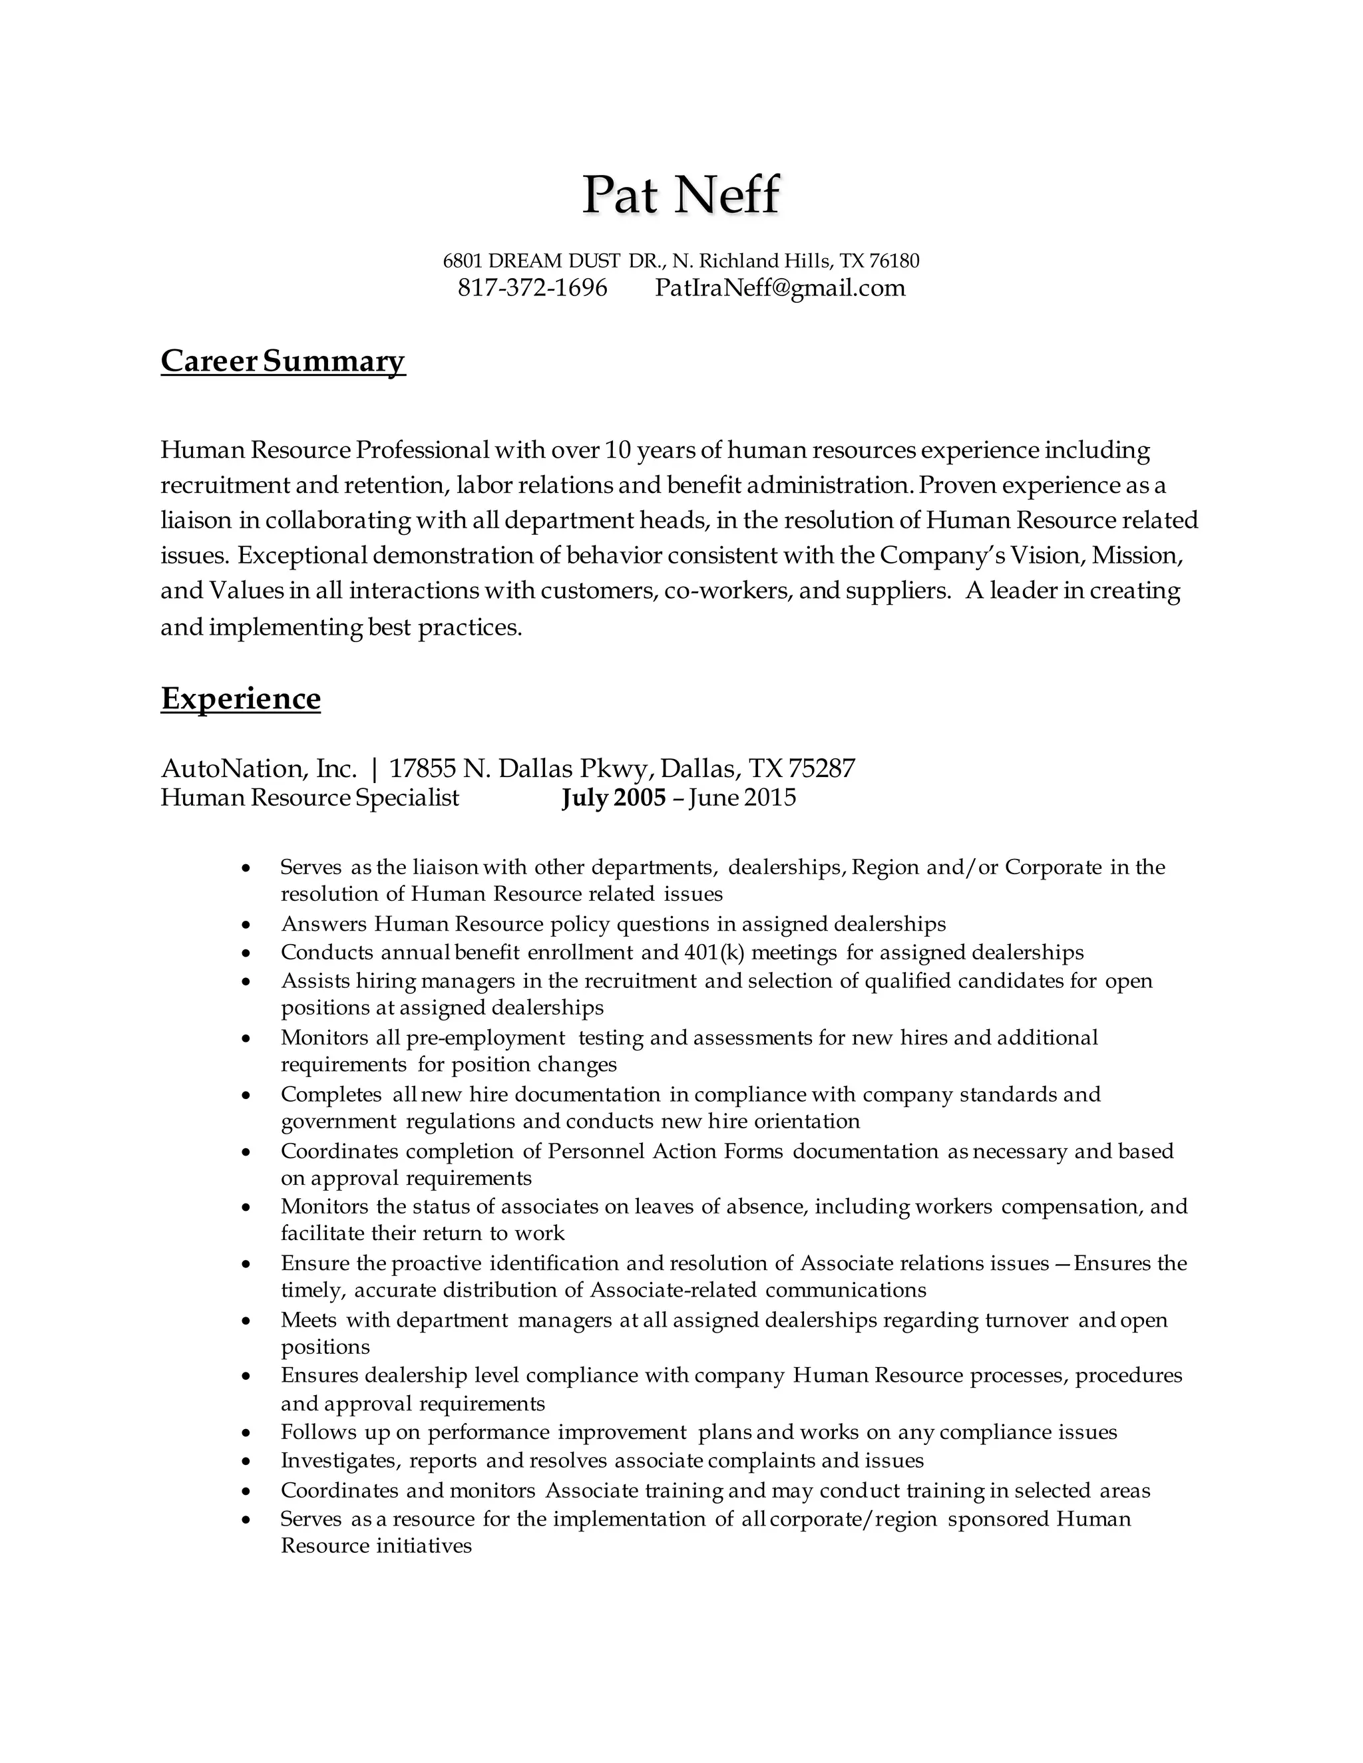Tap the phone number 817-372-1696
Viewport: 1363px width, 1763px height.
click(x=532, y=288)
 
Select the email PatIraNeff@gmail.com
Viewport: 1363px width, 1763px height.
click(x=780, y=288)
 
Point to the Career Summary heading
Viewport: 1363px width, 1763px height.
click(x=283, y=361)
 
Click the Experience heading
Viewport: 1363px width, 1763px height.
click(x=241, y=699)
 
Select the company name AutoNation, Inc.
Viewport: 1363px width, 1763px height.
click(x=258, y=768)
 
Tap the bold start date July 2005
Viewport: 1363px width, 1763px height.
click(x=614, y=798)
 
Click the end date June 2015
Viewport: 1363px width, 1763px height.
click(x=742, y=798)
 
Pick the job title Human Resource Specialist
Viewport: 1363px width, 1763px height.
click(x=309, y=798)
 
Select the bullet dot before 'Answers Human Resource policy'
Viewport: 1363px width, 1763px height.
click(x=247, y=925)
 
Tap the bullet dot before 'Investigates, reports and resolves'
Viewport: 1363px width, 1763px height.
click(x=247, y=1462)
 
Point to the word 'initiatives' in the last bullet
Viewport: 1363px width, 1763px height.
click(x=424, y=1546)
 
